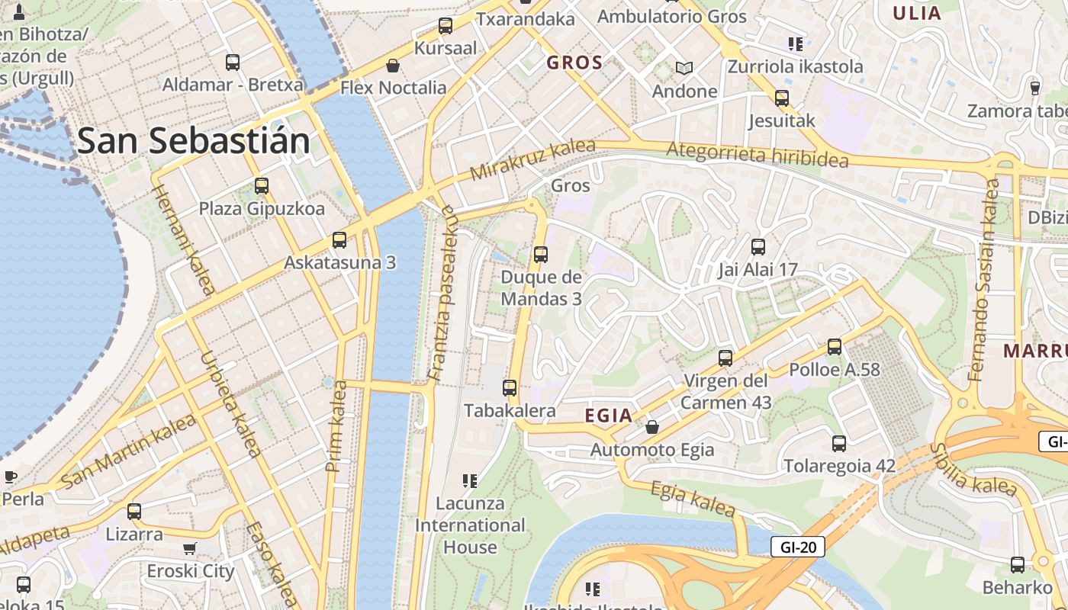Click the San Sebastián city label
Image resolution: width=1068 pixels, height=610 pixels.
(x=194, y=141)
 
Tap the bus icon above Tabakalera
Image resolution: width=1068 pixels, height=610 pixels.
(x=510, y=388)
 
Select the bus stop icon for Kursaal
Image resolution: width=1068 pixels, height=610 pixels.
(x=446, y=26)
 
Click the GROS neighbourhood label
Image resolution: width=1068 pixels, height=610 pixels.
(x=574, y=63)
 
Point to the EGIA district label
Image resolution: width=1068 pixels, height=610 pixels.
(x=608, y=416)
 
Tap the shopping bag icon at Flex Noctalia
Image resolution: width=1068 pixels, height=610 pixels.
(x=393, y=66)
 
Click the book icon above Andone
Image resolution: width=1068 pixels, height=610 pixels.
(x=684, y=69)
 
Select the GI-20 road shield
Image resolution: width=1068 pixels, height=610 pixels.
(x=798, y=547)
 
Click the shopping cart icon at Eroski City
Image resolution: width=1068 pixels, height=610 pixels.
(x=190, y=548)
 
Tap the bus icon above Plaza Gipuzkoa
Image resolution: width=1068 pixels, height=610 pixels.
(x=262, y=185)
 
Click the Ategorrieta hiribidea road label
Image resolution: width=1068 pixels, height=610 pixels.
(x=757, y=155)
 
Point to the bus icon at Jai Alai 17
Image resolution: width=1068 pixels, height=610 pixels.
(x=758, y=247)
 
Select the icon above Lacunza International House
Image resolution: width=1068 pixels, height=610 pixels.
(x=470, y=480)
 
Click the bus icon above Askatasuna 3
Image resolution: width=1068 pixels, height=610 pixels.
(x=339, y=240)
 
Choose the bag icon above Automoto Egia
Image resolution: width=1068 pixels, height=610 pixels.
(x=652, y=427)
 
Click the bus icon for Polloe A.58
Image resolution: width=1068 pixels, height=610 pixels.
(x=835, y=347)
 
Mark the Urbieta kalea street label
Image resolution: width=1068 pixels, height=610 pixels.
(x=230, y=404)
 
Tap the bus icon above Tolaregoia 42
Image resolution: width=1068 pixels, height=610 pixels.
(x=839, y=443)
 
